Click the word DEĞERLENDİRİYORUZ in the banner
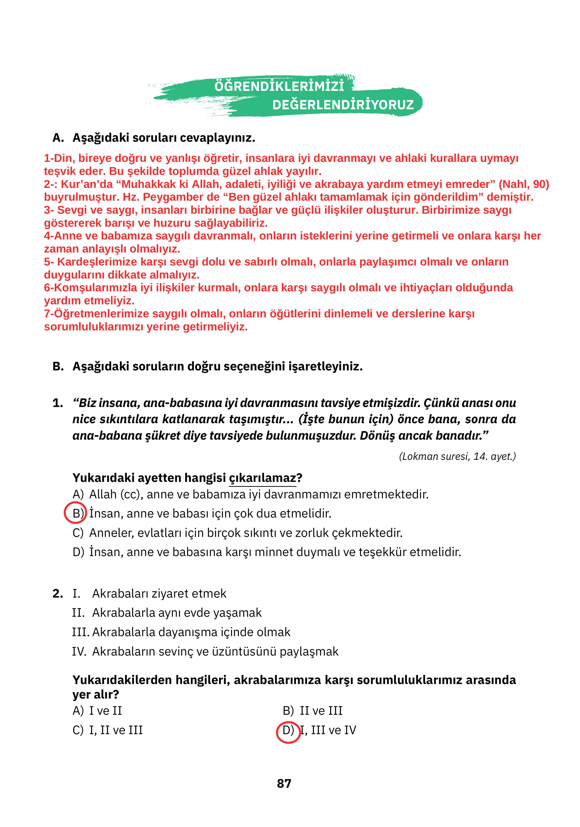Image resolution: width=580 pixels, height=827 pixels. pos(343,105)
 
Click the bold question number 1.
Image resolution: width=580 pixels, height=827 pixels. pos(58,403)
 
